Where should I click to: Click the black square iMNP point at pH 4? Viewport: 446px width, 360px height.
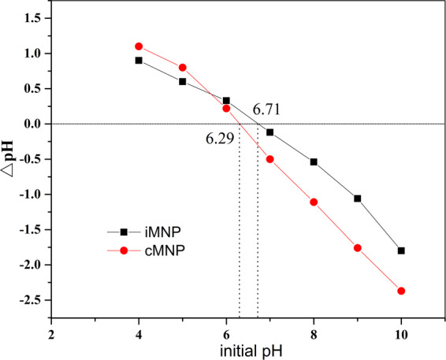coord(139,60)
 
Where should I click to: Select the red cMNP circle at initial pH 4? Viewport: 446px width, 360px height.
coord(139,46)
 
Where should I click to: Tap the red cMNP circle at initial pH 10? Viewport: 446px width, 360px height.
coord(402,291)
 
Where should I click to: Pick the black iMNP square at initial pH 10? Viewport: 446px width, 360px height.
coord(402,251)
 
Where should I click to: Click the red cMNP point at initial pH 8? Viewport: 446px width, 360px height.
coord(314,202)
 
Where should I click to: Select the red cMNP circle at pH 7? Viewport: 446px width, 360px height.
coord(270,159)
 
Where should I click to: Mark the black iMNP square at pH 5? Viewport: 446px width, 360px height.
coord(183,81)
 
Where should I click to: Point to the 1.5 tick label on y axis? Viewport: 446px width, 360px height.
coord(32,18)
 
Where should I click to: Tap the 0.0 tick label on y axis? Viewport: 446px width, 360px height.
coord(32,124)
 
